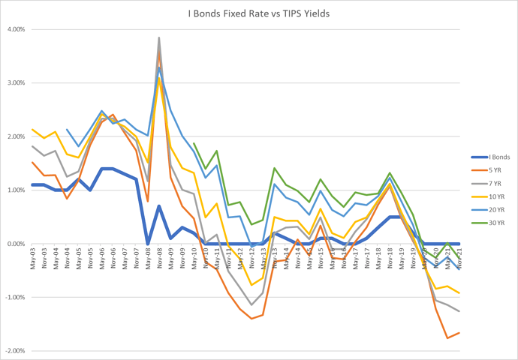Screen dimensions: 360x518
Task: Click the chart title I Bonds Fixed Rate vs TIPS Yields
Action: pyautogui.click(x=258, y=13)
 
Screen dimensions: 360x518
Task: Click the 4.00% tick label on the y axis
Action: pyautogui.click(x=16, y=30)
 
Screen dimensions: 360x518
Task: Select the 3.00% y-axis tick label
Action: pyautogui.click(x=16, y=83)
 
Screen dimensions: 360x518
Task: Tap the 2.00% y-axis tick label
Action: pyautogui.click(x=16, y=136)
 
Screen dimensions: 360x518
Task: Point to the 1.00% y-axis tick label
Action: pyautogui.click(x=16, y=190)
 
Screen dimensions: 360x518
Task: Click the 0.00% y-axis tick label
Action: pyautogui.click(x=16, y=244)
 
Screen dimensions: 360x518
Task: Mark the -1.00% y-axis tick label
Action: pyautogui.click(x=14, y=298)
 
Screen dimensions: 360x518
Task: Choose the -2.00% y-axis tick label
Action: pyautogui.click(x=14, y=351)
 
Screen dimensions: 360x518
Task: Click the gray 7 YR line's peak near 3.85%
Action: pyautogui.click(x=159, y=37)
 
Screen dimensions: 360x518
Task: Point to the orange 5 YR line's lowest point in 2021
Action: pyautogui.click(x=448, y=337)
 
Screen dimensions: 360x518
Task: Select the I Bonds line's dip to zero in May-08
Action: pyautogui.click(x=148, y=244)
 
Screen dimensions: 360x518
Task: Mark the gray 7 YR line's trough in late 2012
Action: pyautogui.click(x=251, y=305)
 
